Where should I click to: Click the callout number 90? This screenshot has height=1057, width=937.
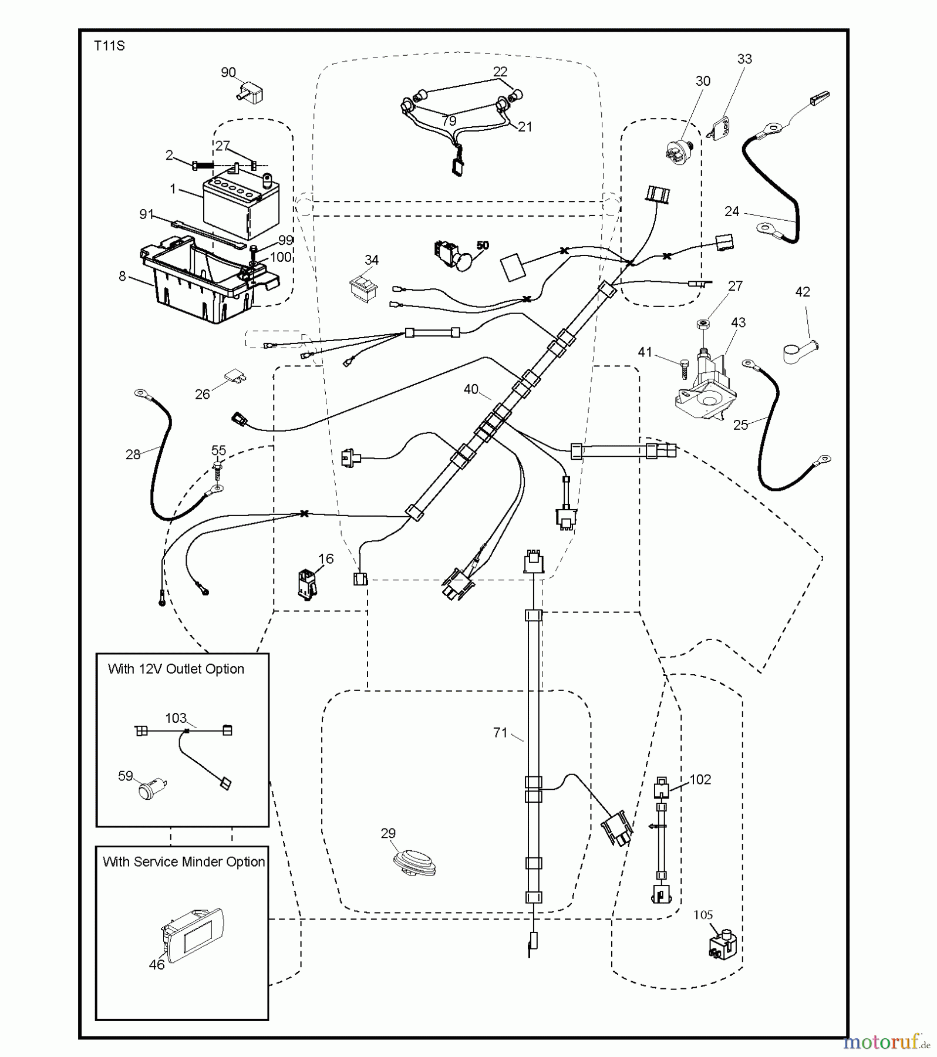point(228,72)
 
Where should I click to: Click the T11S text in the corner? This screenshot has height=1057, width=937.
point(109,46)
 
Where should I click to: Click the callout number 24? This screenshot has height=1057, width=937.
point(732,211)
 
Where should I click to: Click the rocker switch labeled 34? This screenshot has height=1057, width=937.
point(364,288)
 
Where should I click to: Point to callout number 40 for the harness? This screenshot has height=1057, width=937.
point(471,389)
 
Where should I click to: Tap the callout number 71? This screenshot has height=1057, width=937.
point(500,732)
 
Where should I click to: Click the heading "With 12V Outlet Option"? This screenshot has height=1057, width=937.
point(176,669)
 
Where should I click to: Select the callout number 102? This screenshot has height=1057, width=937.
point(700,779)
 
